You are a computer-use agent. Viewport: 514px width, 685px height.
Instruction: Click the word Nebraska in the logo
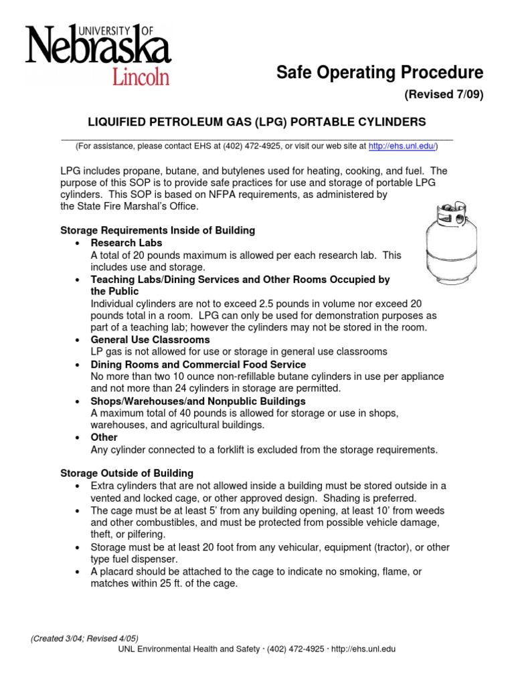[x=97, y=48]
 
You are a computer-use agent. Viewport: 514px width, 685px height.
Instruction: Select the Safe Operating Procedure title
[x=379, y=72]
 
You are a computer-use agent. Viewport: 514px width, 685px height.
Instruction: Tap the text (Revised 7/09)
[x=443, y=94]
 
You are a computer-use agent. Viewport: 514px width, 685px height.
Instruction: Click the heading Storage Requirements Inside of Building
[x=158, y=230]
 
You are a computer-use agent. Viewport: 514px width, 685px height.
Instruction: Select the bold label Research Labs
[x=126, y=243]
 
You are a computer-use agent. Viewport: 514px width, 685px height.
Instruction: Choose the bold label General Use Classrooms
[x=146, y=340]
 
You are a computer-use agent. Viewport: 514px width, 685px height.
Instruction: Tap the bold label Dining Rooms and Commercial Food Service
[x=198, y=365]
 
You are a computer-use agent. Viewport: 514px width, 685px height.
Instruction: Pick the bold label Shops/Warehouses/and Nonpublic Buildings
[x=198, y=401]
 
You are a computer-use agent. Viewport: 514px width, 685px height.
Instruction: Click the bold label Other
[x=104, y=437]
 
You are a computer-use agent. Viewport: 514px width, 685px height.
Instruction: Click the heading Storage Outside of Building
[x=127, y=473]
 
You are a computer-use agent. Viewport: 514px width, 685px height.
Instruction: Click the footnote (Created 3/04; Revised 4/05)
[x=84, y=638]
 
